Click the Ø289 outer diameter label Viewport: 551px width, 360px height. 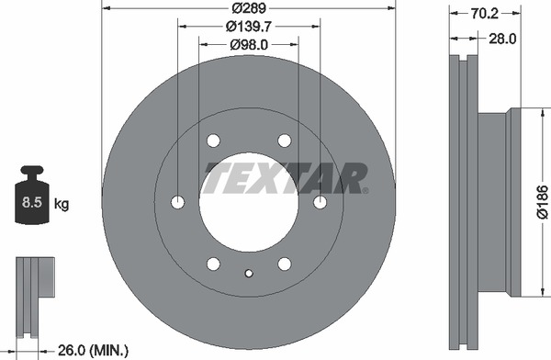coord(249,7)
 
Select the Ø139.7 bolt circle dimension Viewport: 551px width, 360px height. coord(250,26)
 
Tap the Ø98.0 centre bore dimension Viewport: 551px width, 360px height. coord(249,45)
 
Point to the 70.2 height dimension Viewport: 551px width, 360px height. coord(485,14)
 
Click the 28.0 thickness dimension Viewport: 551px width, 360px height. coord(502,39)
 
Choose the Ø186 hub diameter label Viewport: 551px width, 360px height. coord(542,202)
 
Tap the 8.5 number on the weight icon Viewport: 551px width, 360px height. coord(32,202)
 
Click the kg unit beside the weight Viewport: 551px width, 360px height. coord(62,203)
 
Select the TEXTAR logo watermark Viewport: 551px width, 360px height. coord(286,178)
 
